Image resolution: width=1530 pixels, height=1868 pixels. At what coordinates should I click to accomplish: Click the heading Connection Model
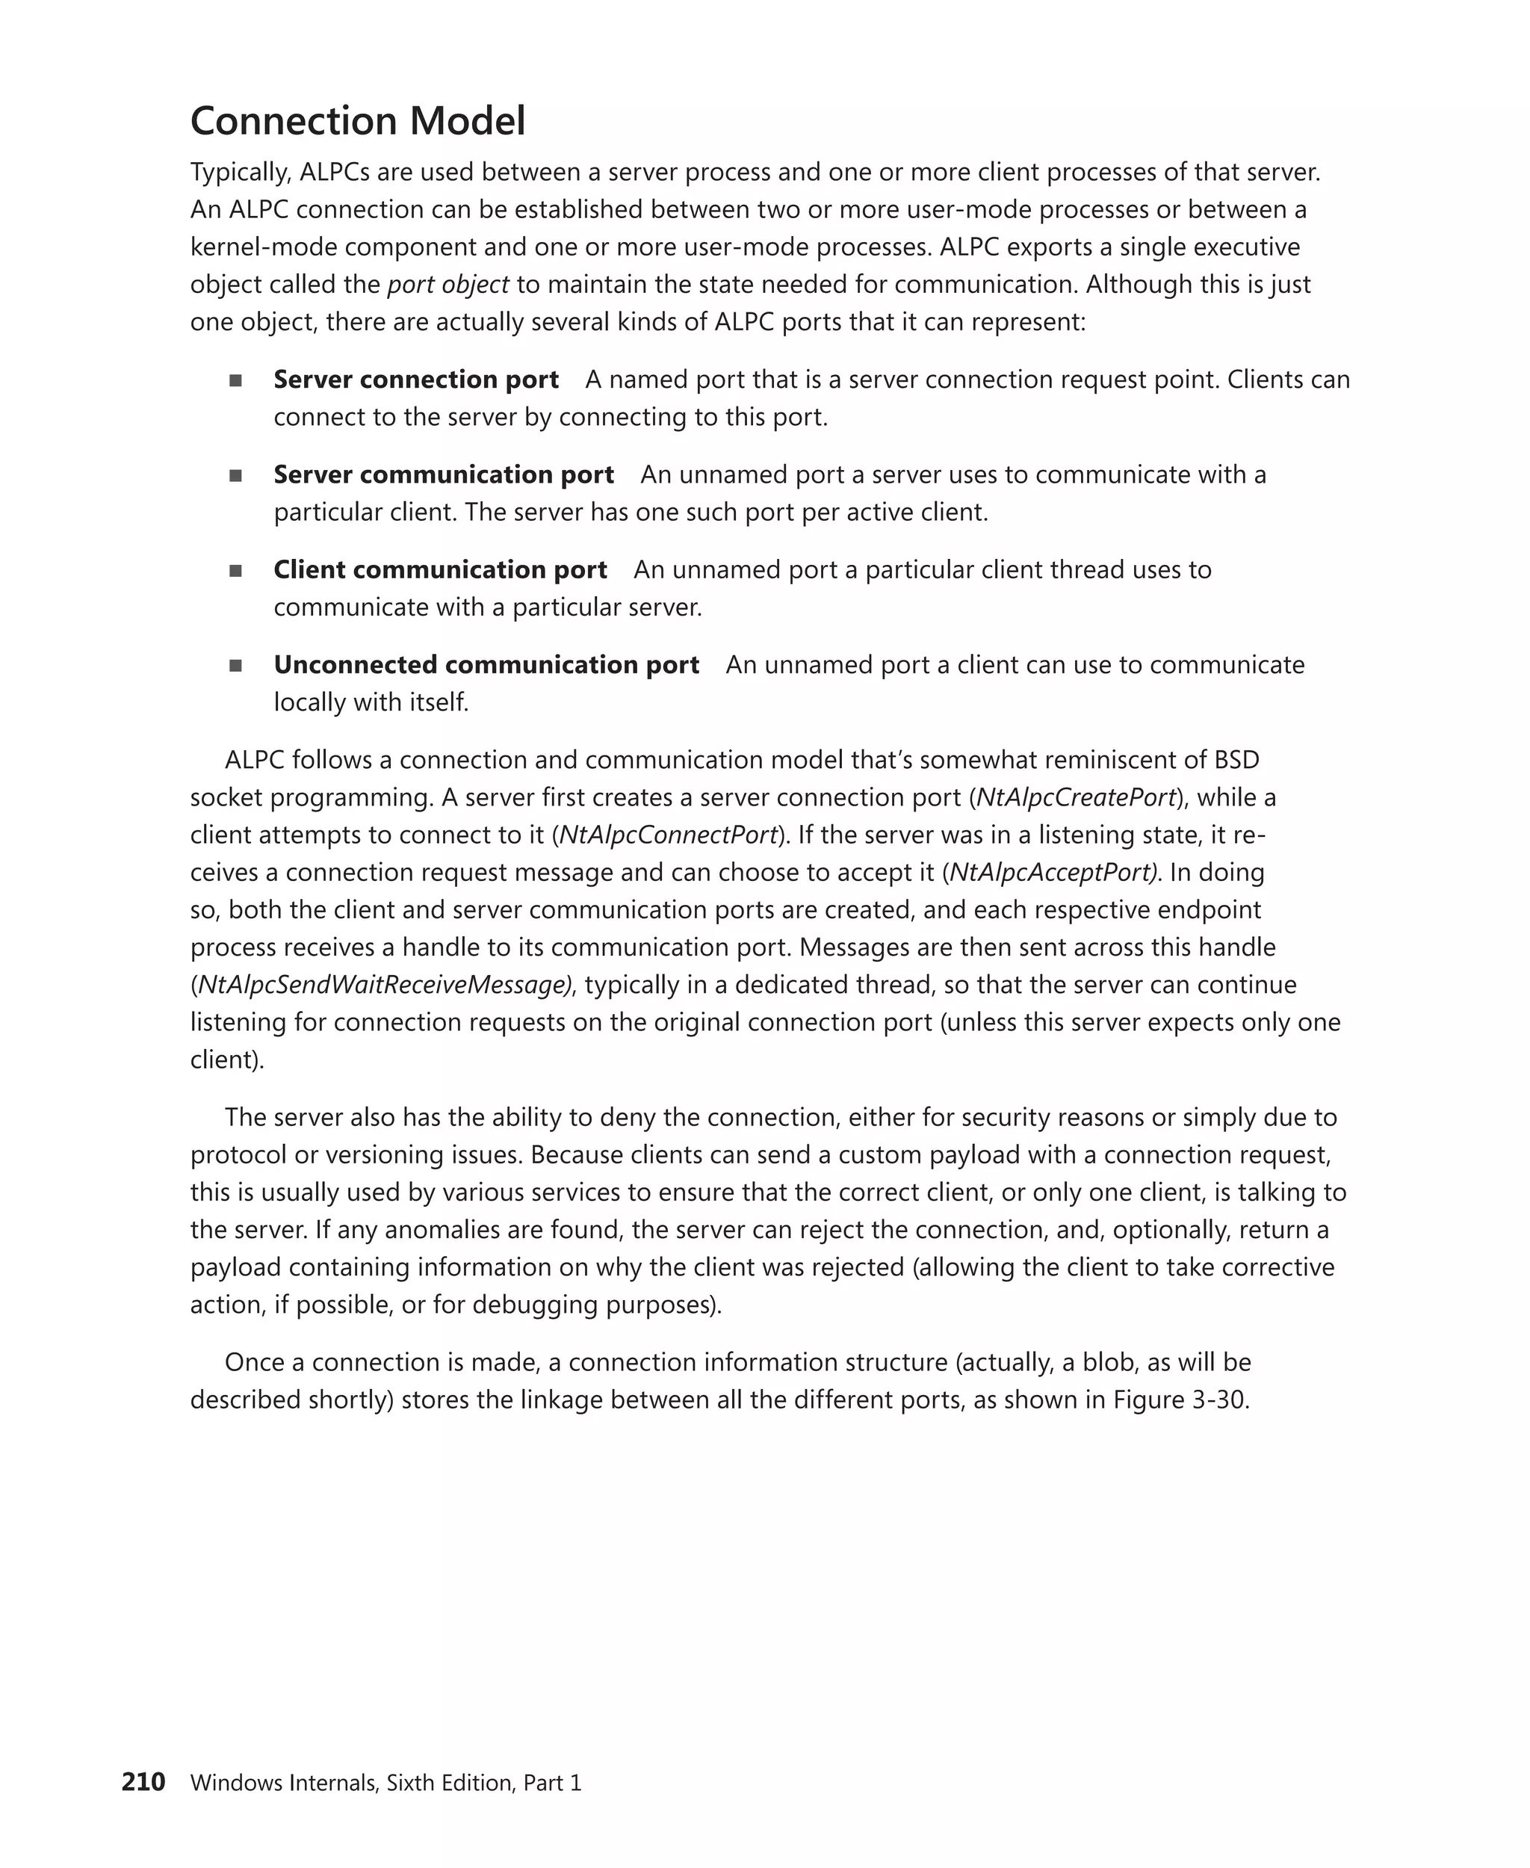coord(357,121)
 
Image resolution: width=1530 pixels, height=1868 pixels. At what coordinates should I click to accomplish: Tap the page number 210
coord(143,1781)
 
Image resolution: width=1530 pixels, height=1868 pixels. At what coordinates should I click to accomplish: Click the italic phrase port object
coord(447,285)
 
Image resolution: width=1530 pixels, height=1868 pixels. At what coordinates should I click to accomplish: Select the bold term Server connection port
coord(416,379)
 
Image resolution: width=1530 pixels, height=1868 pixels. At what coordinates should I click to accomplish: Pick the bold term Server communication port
coord(443,474)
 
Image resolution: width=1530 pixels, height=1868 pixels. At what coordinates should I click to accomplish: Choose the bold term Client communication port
coord(440,569)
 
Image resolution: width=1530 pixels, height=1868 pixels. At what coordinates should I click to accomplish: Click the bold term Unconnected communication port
coord(486,665)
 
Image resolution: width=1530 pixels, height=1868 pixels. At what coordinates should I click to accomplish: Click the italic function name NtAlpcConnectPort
coord(668,835)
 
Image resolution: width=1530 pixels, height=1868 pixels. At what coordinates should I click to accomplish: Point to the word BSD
coord(1236,760)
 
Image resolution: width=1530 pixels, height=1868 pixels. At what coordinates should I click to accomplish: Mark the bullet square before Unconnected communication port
coord(235,666)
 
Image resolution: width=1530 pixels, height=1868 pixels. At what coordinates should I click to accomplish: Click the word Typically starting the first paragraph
coord(240,172)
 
